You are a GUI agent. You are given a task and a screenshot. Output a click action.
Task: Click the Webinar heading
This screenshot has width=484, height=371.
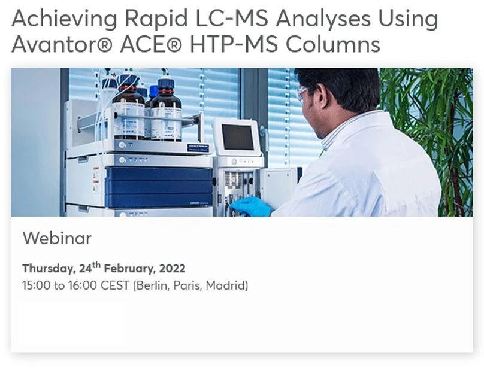click(x=57, y=238)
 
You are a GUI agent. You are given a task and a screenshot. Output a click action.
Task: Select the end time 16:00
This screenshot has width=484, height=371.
click(x=82, y=285)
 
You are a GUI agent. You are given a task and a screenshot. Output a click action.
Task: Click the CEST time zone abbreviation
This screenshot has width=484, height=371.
click(x=115, y=285)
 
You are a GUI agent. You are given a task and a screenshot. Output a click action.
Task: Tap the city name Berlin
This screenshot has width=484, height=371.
click(x=152, y=285)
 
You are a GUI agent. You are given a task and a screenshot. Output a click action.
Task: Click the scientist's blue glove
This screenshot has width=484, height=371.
click(x=251, y=206)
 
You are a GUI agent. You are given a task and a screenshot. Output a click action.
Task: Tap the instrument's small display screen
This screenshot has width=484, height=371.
click(x=237, y=136)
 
